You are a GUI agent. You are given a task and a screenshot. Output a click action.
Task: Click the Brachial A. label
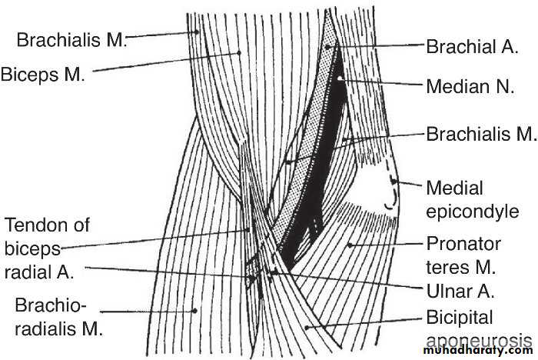(x=472, y=46)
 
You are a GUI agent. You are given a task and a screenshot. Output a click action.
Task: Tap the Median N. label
(x=470, y=86)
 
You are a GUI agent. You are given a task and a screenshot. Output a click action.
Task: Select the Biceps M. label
(x=42, y=74)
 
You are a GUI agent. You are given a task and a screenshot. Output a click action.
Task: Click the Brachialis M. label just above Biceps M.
(x=72, y=39)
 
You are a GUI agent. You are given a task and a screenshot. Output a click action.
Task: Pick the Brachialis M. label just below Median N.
(x=481, y=134)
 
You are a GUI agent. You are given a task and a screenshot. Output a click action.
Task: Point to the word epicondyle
(x=473, y=212)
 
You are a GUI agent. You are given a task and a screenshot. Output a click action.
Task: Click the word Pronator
(x=463, y=244)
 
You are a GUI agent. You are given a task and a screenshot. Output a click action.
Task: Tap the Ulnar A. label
(x=460, y=292)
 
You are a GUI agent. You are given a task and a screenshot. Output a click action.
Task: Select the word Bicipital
(x=460, y=318)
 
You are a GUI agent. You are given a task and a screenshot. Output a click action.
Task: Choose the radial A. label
(x=39, y=272)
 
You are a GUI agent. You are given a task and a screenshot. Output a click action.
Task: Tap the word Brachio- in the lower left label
(x=50, y=305)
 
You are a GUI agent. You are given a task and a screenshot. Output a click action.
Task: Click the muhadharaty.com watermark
(x=478, y=350)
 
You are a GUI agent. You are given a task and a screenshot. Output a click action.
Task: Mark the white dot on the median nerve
(x=340, y=78)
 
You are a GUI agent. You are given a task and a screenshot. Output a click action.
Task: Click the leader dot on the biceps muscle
(x=239, y=52)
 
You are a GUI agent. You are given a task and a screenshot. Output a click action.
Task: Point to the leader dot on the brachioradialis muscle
(x=194, y=311)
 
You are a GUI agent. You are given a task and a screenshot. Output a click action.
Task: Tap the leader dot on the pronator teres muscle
(x=350, y=245)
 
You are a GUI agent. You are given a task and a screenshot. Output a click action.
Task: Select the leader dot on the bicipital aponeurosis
(x=307, y=328)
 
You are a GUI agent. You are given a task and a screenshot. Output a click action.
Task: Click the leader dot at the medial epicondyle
(x=394, y=180)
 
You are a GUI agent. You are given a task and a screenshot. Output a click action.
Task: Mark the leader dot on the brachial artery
(x=328, y=46)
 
